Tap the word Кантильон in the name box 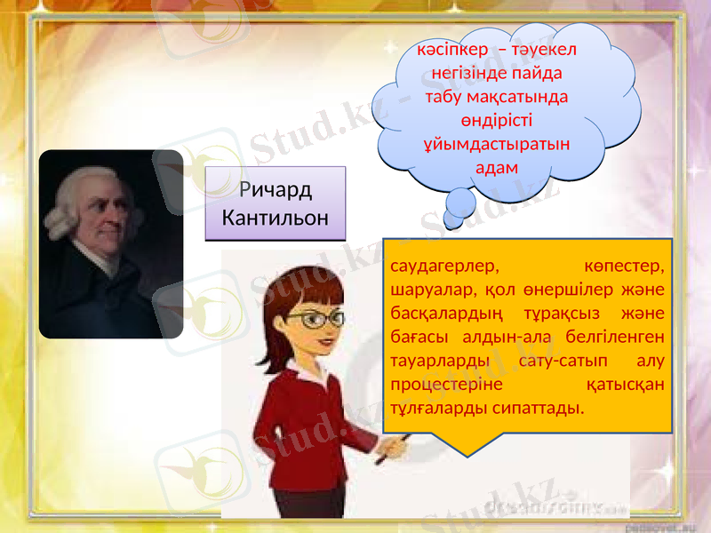pyautogui.click(x=275, y=217)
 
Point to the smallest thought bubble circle pyautogui.click(x=452, y=222)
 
